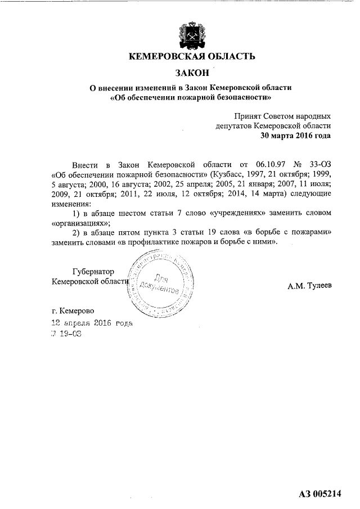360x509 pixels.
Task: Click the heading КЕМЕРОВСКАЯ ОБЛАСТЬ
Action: click(192, 56)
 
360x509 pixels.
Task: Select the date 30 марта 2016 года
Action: click(295, 136)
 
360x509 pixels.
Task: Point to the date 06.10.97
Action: click(262, 164)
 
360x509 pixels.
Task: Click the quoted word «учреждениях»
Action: click(231, 214)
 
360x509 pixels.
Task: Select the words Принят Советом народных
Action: click(282, 115)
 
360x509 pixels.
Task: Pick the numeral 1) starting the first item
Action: click(78, 214)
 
